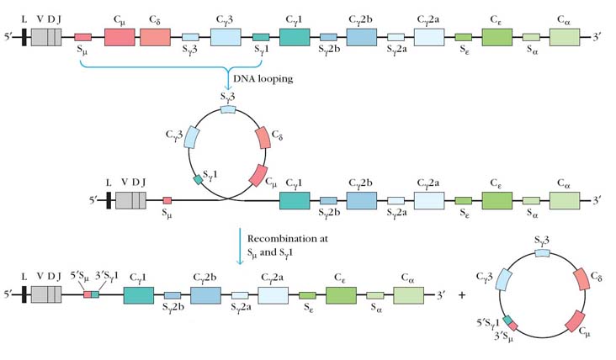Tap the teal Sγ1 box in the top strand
pyautogui.click(x=261, y=37)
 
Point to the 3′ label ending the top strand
pyautogui.click(x=598, y=37)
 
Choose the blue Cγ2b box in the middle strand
pyautogui.click(x=362, y=200)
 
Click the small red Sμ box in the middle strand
pyautogui.click(x=167, y=200)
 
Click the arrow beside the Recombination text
pyautogui.click(x=240, y=247)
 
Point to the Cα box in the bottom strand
pyautogui.click(x=407, y=296)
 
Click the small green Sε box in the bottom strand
pyautogui.click(x=307, y=296)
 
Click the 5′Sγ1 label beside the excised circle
pyautogui.click(x=486, y=321)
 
